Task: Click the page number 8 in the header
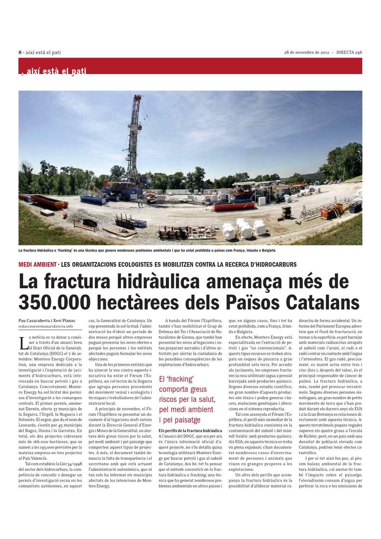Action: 20,52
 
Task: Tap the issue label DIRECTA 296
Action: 349,52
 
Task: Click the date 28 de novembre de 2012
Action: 307,52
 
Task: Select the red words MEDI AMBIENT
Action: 37,265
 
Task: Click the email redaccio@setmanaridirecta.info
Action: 46,326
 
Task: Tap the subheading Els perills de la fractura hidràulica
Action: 190,430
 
